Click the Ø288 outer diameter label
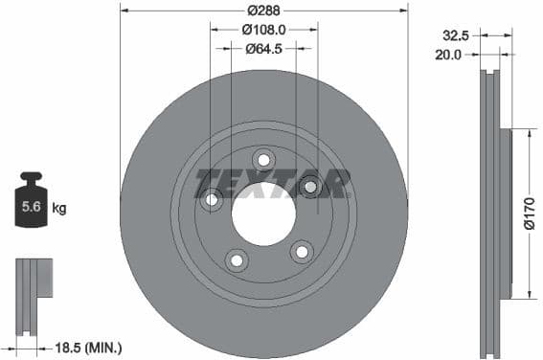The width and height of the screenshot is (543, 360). click(x=263, y=11)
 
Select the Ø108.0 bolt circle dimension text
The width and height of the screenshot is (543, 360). click(x=263, y=30)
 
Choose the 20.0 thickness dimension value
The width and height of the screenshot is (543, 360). click(x=448, y=55)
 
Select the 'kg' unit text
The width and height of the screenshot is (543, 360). click(x=59, y=208)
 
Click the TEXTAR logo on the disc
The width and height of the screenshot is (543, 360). click(x=272, y=183)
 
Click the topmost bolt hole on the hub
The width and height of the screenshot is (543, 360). click(x=263, y=159)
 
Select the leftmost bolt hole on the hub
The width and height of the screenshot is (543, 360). click(x=213, y=200)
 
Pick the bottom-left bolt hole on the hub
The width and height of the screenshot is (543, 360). click(x=236, y=259)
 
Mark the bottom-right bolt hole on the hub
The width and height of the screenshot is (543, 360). click(x=302, y=252)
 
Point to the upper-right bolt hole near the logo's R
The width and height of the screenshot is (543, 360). click(x=311, y=186)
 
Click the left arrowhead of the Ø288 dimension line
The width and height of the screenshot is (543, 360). click(x=124, y=11)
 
